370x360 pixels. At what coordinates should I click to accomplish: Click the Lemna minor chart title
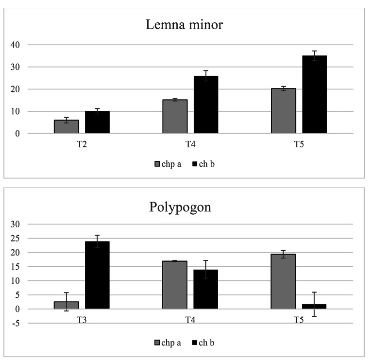(185, 25)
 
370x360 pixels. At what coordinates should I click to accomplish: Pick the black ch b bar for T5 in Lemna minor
(314, 95)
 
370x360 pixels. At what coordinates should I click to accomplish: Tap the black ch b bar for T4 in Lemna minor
(206, 104)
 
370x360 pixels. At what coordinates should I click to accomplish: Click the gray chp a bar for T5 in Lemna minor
(284, 111)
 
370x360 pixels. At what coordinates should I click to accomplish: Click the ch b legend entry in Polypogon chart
(203, 343)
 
